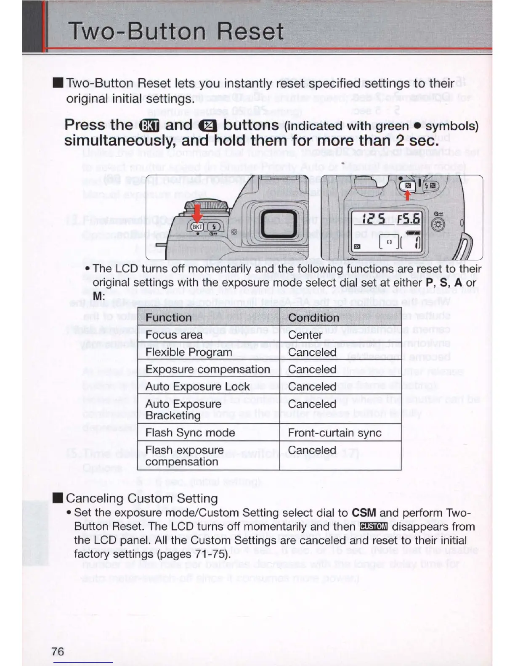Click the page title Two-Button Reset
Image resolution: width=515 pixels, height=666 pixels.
click(176, 32)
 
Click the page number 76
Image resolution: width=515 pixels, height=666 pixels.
click(58, 651)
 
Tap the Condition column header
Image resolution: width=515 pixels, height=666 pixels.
click(313, 317)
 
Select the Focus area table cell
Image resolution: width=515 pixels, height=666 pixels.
click(174, 335)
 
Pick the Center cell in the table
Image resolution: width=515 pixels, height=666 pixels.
click(305, 335)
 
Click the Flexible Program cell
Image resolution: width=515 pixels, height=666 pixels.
click(188, 352)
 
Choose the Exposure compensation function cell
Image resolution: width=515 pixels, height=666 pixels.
click(207, 370)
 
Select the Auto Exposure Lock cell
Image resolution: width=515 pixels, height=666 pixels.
click(197, 387)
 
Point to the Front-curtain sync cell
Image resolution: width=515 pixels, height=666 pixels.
click(334, 433)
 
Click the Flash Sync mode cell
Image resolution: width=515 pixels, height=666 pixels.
click(190, 433)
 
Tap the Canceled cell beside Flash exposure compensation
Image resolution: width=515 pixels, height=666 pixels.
click(312, 450)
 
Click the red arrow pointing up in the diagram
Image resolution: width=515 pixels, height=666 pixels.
click(407, 196)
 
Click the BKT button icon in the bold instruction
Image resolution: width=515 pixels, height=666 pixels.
click(149, 126)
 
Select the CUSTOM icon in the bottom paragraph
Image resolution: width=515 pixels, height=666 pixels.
click(374, 527)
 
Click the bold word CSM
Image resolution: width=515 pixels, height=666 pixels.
click(364, 513)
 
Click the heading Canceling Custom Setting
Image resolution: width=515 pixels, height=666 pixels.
click(141, 498)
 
